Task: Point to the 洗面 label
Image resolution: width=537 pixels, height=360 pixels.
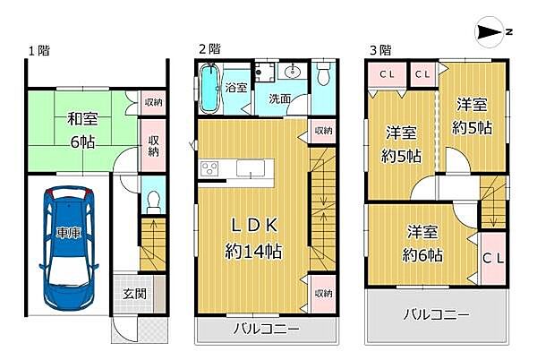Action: (278, 99)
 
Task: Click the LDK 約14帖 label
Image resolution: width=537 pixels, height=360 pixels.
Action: (253, 238)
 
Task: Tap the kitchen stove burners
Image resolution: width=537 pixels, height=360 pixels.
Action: (209, 167)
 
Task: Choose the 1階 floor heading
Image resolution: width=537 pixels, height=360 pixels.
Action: (38, 51)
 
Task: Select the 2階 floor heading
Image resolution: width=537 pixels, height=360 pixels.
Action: (209, 50)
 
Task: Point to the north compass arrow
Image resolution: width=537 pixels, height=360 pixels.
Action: (490, 32)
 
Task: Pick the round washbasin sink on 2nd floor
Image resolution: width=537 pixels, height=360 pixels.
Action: (293, 73)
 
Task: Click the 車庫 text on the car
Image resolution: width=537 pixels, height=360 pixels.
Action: (68, 233)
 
